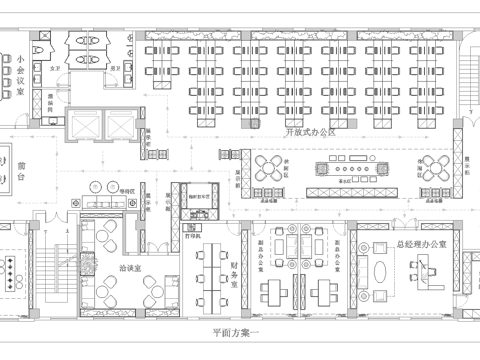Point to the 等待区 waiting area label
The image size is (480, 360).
pos(127,187)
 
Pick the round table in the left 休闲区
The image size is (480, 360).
pos(273,168)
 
